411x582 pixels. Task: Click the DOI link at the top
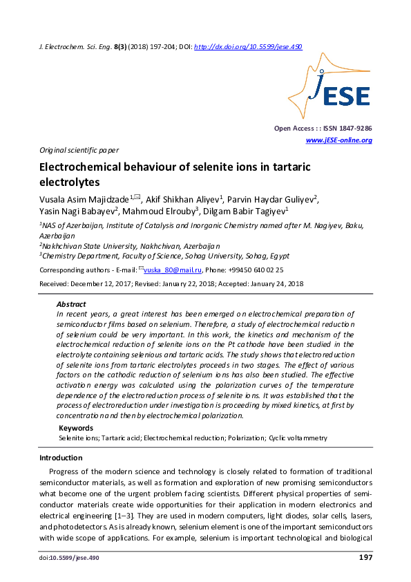(248, 47)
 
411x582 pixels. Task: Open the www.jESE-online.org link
(338, 140)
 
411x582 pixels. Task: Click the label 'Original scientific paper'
(79, 150)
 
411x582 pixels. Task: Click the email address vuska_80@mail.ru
(171, 270)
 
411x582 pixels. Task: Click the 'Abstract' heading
(71, 304)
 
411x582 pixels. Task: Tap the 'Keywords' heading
(76, 429)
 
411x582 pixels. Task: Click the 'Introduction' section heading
(61, 458)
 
